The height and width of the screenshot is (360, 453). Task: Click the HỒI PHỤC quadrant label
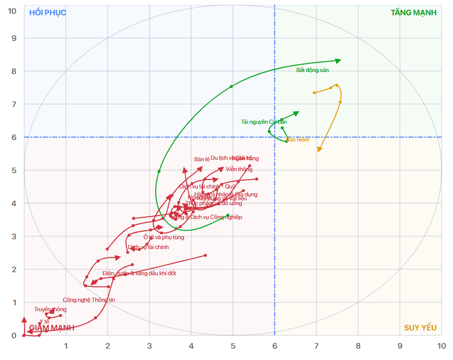(48, 12)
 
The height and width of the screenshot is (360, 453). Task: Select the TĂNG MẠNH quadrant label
(414, 12)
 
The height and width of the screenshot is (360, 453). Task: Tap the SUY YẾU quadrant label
(420, 328)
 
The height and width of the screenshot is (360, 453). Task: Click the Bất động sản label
(312, 70)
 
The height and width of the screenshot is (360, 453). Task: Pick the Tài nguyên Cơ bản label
(264, 122)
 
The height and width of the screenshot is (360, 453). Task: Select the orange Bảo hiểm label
(298, 140)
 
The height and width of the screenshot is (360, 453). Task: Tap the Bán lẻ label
(202, 159)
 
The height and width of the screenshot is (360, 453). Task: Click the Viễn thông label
(239, 169)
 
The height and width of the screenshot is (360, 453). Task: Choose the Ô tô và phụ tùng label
(160, 237)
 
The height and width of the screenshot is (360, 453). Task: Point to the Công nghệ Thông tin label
(89, 300)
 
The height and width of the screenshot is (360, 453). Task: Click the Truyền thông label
(50, 309)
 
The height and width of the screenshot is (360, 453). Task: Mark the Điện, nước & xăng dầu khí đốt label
(139, 273)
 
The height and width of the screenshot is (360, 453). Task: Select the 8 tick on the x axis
(358, 346)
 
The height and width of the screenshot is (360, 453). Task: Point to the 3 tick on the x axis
(150, 346)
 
